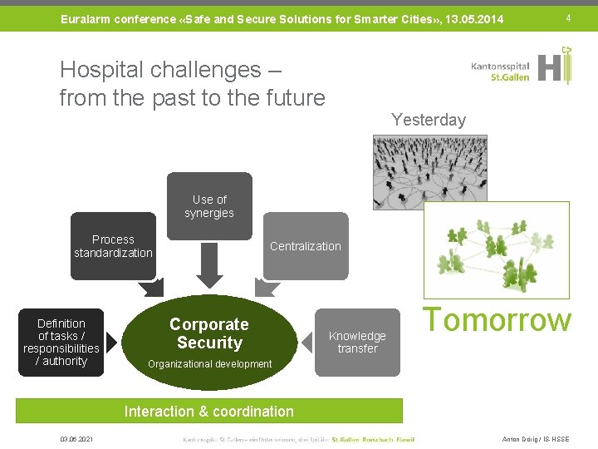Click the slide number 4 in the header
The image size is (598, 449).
coord(568,17)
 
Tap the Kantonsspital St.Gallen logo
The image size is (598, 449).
coord(522,67)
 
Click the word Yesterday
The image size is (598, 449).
coord(428,120)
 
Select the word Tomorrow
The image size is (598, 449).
coord(498,320)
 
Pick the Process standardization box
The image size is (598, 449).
coord(113,246)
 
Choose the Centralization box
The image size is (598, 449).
coord(305,246)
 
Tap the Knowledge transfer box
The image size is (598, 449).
coord(357,342)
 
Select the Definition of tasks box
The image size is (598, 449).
coord(61,342)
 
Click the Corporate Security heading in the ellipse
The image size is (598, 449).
coord(209,333)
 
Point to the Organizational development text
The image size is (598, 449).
coord(209,364)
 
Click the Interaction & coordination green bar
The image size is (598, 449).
coord(208,411)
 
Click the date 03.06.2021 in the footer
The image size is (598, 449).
coord(76,439)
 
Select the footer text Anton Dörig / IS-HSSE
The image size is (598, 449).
coord(537,439)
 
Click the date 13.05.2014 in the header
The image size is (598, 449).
coord(474,18)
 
